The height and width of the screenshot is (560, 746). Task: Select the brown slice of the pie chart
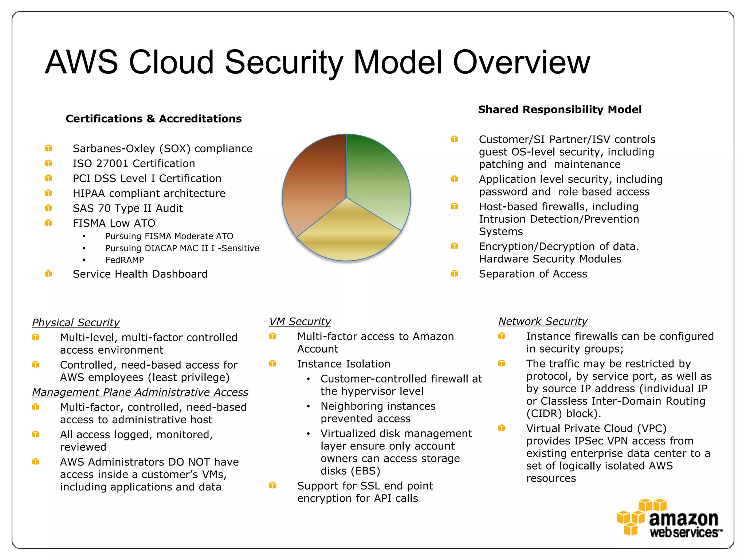pyautogui.click(x=315, y=182)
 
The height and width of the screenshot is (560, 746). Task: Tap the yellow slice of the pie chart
pyautogui.click(x=348, y=233)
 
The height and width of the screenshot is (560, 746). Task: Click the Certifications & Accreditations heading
pyautogui.click(x=153, y=119)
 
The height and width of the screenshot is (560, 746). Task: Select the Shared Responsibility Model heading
pyautogui.click(x=559, y=110)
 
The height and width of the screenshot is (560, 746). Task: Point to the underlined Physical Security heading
pyautogui.click(x=76, y=323)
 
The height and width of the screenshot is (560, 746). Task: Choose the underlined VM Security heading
pyautogui.click(x=300, y=322)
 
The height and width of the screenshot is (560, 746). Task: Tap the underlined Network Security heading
pyautogui.click(x=543, y=322)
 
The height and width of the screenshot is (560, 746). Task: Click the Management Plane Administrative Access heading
pyautogui.click(x=140, y=392)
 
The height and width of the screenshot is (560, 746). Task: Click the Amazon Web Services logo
pyautogui.click(x=670, y=519)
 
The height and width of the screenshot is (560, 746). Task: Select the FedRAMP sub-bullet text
pyautogui.click(x=125, y=260)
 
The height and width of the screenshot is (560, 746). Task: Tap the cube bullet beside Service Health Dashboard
pyautogui.click(x=48, y=274)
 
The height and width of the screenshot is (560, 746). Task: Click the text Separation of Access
pyautogui.click(x=533, y=274)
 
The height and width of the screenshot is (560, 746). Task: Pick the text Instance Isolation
pyautogui.click(x=343, y=364)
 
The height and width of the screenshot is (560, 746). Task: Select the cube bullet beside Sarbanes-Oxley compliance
pyautogui.click(x=48, y=148)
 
